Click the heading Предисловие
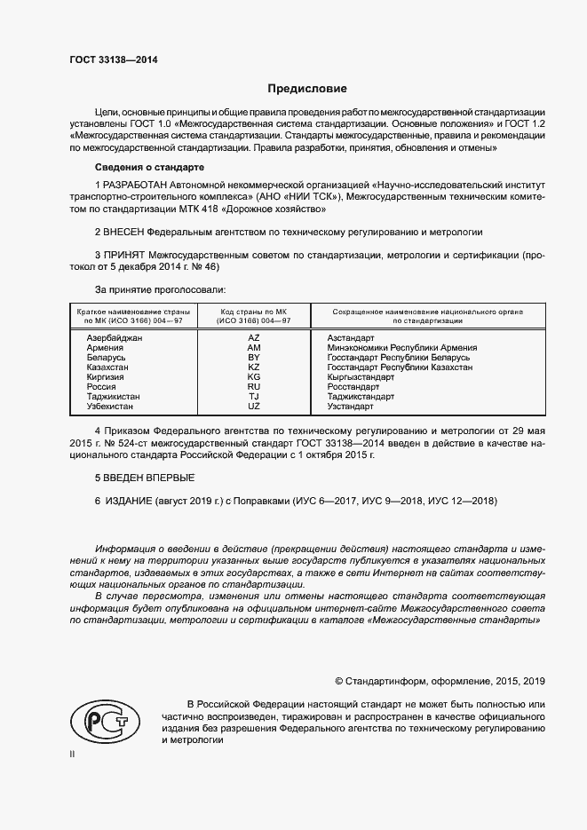307,89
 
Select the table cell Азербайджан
114,339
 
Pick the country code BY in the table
253,358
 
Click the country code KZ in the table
253,367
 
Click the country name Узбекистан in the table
110,406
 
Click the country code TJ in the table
253,396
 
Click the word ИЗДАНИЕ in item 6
129,502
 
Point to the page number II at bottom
73,754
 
